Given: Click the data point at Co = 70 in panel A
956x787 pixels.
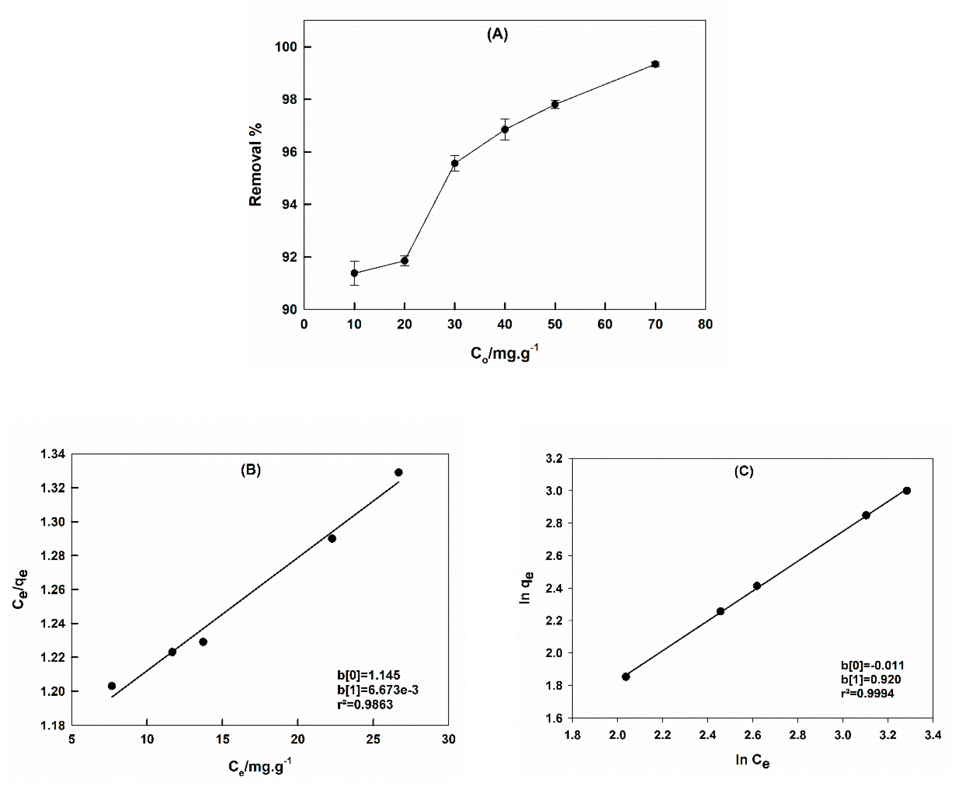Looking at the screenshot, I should (x=655, y=64).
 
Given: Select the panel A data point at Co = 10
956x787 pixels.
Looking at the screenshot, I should (x=354, y=273).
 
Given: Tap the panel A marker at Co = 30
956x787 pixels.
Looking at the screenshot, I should (x=454, y=163).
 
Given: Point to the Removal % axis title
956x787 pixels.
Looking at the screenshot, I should (x=255, y=164).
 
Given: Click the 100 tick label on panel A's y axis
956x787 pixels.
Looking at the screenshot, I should (x=286, y=47).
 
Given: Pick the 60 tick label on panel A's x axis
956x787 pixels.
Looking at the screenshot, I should (x=605, y=324).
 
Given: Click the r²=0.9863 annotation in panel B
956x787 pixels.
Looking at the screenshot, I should (x=365, y=704).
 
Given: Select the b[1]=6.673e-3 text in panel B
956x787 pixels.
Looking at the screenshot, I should (x=377, y=689).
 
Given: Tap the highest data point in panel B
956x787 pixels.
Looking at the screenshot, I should (x=398, y=472).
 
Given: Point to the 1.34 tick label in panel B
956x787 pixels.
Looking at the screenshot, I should (x=53, y=454).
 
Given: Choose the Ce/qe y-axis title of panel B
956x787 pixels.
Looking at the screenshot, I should (x=20, y=589).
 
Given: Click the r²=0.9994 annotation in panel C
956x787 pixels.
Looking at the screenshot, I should (x=867, y=693).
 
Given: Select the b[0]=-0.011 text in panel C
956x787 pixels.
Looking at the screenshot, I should (x=872, y=665).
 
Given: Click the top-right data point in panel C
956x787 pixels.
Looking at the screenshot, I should (x=906, y=491).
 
